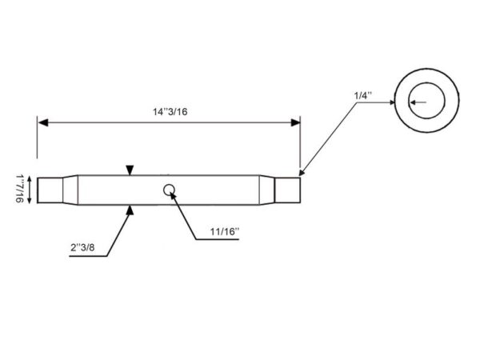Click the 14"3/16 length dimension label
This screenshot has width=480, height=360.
pos(170,112)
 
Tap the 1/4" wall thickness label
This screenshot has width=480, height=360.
pos(362,95)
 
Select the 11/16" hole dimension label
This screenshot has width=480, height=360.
pos(224,231)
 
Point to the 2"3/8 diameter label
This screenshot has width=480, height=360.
pos(82,247)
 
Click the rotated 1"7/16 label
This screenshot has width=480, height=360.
pos(20,189)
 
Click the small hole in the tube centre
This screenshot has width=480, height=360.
pos(169,190)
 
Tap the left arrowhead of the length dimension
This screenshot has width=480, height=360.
pos(43,122)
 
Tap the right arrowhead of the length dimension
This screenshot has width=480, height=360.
pos(295,122)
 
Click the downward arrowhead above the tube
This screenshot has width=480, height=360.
pos(130,170)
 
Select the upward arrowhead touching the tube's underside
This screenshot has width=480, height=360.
pos(130,210)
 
